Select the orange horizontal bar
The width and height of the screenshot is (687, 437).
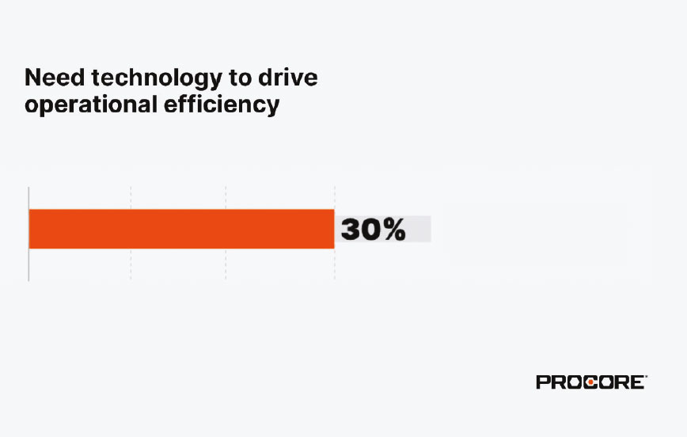(181, 229)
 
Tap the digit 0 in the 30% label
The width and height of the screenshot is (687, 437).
(371, 230)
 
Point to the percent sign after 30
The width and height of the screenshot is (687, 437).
(394, 230)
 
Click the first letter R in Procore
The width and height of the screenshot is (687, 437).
(558, 382)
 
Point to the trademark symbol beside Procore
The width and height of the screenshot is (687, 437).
(646, 377)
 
